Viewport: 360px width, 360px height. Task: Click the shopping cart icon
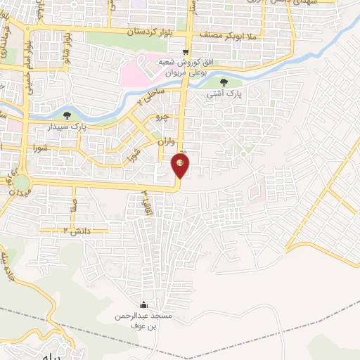pyautogui.click(x=186, y=51)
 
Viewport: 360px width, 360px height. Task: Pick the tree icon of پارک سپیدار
pyautogui.click(x=67, y=115)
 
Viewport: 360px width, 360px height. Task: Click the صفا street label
pyautogui.click(x=72, y=205)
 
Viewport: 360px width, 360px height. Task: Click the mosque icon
pyautogui.click(x=144, y=304)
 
